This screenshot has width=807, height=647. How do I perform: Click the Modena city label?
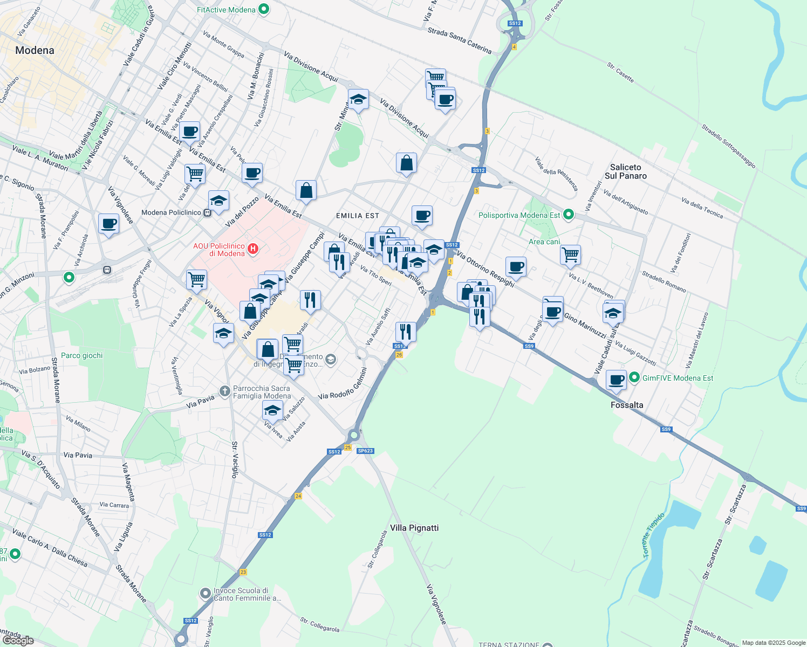coord(35,51)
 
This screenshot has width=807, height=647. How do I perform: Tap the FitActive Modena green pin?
coord(264,10)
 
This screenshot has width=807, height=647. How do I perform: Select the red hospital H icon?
coord(252,249)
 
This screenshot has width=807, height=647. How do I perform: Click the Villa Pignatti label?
coord(414,528)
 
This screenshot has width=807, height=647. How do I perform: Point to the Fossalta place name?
coord(627,405)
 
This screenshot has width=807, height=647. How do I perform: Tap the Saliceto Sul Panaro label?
coord(625,171)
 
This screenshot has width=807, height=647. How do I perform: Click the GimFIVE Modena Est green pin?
coord(634,378)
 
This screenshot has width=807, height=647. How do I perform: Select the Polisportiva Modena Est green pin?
coord(568,215)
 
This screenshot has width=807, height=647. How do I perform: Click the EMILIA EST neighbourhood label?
coord(357,216)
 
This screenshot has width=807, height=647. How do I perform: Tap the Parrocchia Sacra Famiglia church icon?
coord(225,390)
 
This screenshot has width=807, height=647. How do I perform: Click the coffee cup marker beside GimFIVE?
coord(616,380)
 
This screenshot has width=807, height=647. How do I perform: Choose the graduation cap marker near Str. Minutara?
coord(358,99)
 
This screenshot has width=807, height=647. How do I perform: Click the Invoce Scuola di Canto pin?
coord(205,594)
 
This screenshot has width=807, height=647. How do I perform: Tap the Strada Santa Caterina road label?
coord(460,41)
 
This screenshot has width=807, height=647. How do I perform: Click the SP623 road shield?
coord(365,451)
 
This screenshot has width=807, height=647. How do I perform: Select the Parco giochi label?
coord(81,355)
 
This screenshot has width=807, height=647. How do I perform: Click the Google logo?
coord(18,640)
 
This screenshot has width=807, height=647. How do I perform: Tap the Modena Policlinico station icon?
coord(207,212)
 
